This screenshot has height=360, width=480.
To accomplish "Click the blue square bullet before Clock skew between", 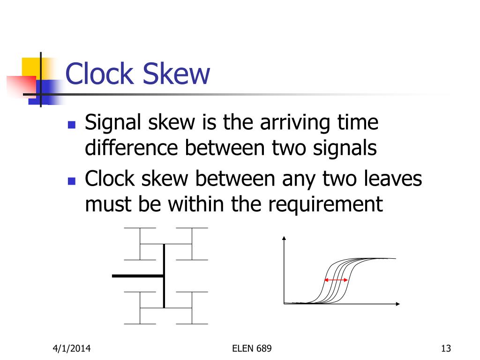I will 72,181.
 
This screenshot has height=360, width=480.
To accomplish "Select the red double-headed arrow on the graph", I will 336,280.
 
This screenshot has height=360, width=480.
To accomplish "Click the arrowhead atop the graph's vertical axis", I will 284,238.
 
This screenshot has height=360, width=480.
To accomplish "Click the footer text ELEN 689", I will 252,348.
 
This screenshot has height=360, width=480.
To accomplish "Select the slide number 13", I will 446,348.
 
